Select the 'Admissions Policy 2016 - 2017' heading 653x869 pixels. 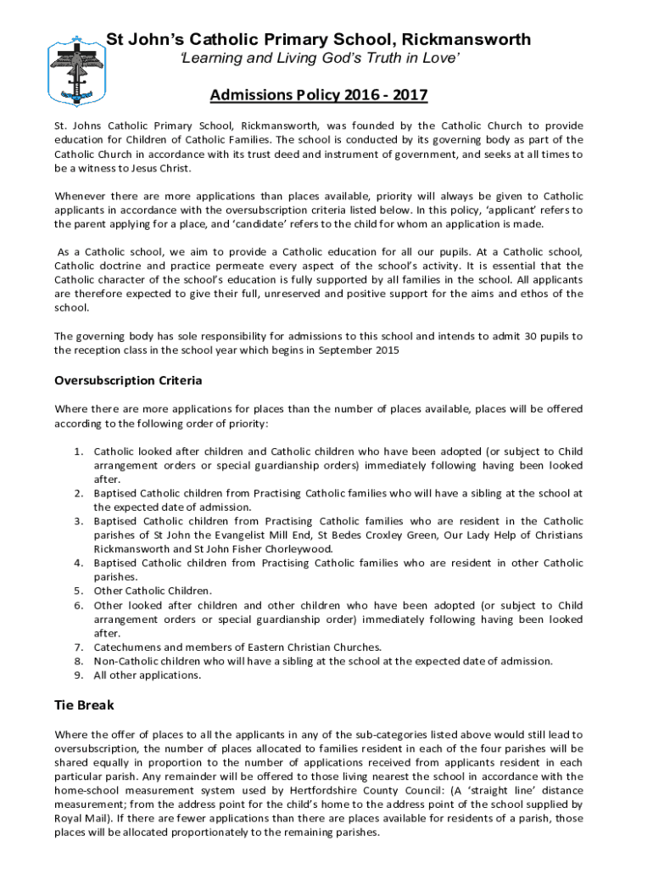pos(319,94)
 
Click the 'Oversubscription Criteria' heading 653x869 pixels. pos(128,380)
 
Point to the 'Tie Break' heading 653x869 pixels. pos(84,705)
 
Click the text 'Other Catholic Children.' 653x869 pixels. pos(141,591)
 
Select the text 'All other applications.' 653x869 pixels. pos(148,676)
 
